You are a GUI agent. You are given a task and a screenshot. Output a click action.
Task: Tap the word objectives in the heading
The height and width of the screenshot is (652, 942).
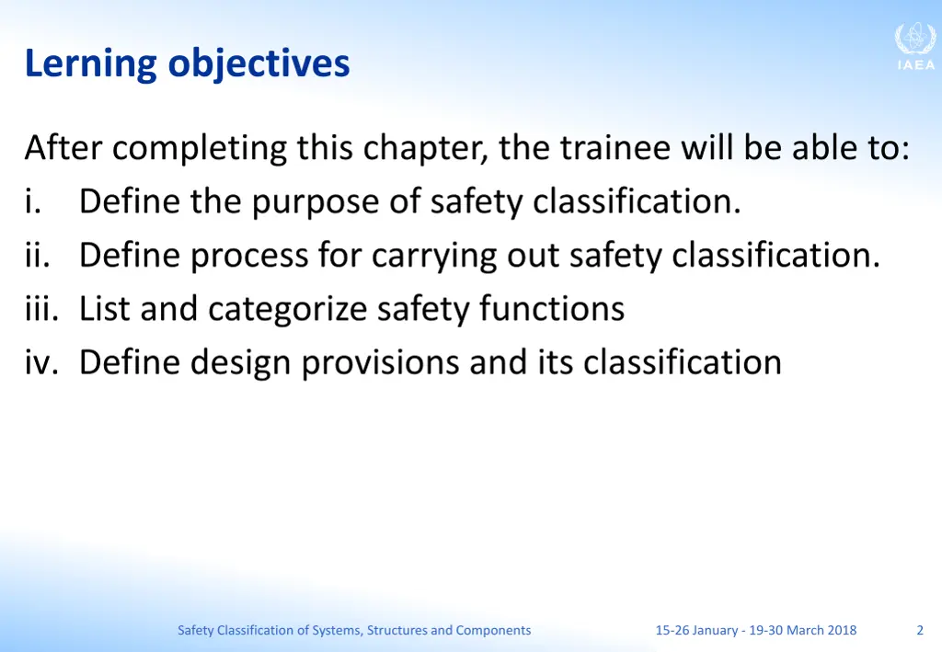click(258, 64)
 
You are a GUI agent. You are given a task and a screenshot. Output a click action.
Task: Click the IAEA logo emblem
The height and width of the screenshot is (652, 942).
click(915, 40)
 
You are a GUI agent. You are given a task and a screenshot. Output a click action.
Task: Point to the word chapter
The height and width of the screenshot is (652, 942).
click(425, 148)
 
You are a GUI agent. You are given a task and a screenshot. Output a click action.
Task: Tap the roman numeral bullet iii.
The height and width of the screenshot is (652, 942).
click(40, 308)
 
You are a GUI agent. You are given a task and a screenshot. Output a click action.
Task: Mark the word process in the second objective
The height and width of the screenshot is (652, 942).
click(250, 256)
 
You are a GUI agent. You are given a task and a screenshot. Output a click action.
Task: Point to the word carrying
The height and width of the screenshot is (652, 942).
click(434, 256)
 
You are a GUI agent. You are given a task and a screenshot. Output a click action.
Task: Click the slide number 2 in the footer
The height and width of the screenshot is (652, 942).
click(920, 630)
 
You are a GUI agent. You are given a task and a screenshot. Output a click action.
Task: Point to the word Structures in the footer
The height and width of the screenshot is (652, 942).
click(397, 630)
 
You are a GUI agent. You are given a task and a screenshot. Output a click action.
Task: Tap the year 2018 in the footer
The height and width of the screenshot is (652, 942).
click(841, 630)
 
